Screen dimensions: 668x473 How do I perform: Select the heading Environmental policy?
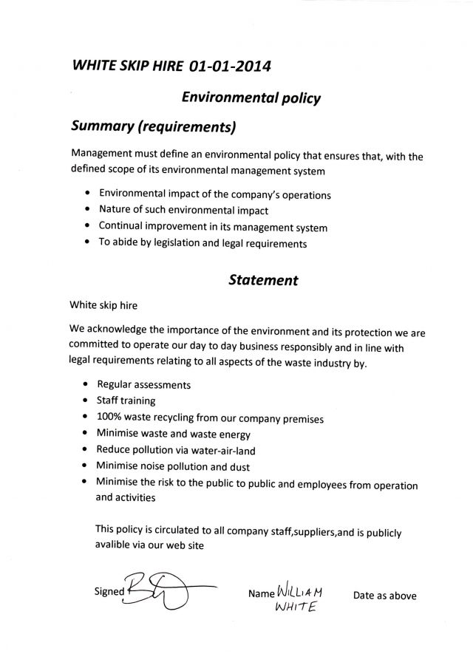click(250, 96)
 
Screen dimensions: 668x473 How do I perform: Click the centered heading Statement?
click(263, 280)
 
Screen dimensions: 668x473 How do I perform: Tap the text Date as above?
click(384, 595)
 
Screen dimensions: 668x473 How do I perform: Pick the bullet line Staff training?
click(126, 401)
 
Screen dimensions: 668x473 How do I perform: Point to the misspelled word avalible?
click(115, 545)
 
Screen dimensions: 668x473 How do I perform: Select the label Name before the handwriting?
click(262, 594)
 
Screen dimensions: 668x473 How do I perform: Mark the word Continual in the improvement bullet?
click(120, 227)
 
